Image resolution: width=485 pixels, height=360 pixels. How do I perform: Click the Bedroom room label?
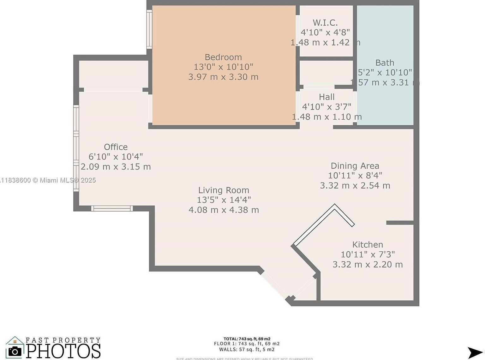coord(223,57)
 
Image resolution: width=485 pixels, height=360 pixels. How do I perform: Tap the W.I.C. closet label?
coord(325,23)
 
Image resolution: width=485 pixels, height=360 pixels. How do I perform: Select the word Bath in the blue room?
coord(385,63)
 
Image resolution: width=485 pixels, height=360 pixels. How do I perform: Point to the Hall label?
coord(326,97)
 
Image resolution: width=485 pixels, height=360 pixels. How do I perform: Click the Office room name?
coord(116,147)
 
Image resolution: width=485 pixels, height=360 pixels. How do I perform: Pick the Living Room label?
coord(224,190)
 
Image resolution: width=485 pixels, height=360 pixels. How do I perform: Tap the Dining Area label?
coord(355,166)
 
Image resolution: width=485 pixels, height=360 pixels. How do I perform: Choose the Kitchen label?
coord(368,245)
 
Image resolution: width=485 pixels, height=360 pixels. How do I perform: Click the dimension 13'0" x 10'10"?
coord(223,67)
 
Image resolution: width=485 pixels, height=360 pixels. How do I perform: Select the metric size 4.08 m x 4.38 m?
coord(224,210)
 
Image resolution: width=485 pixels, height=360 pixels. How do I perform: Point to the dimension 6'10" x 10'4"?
coord(116,157)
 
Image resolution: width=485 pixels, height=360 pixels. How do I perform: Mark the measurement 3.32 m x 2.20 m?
coord(368,265)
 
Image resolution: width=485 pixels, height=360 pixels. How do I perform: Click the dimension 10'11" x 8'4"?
coord(355,176)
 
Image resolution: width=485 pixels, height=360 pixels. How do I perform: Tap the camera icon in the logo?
coord(15,351)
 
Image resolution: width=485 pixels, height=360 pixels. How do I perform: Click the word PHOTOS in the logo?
coord(63,351)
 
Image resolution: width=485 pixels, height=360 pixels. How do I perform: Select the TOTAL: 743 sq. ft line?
coord(247,339)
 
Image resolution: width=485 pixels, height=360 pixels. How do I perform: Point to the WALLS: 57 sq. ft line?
coord(247,350)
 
